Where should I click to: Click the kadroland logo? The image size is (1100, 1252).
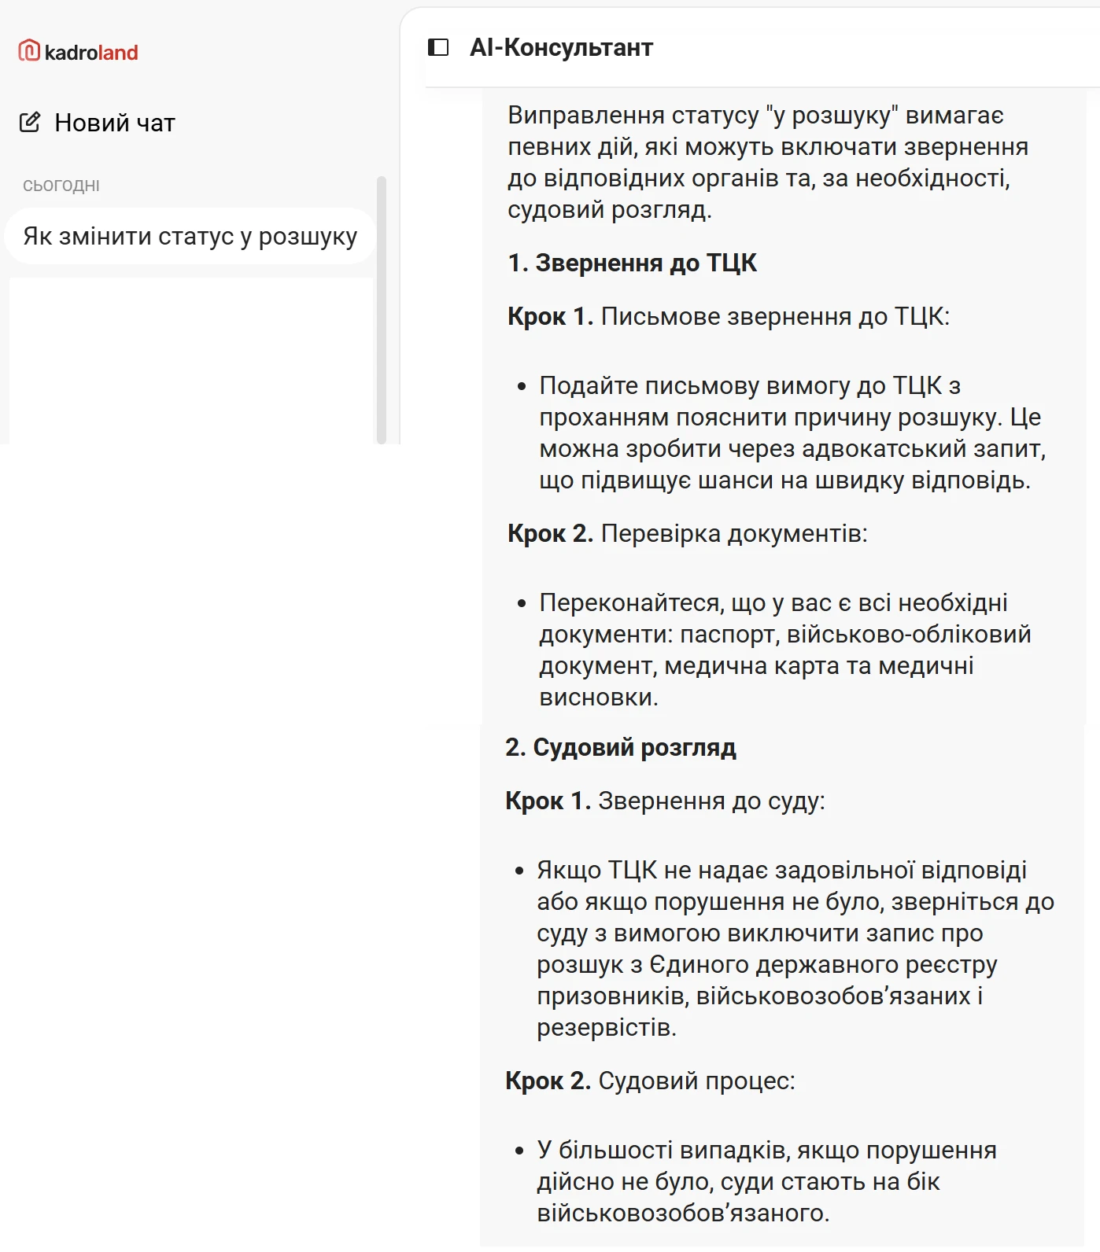tap(78, 52)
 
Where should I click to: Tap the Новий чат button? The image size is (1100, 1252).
tap(98, 123)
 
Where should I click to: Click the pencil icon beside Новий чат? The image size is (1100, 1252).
tap(30, 122)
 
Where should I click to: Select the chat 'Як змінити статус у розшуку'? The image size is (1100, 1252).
tap(190, 236)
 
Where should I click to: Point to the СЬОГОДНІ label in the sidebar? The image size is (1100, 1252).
tap(61, 186)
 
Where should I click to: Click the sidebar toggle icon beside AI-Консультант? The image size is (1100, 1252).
tap(438, 47)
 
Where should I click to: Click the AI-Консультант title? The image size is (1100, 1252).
tap(561, 47)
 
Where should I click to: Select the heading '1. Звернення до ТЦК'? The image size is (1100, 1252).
tap(632, 263)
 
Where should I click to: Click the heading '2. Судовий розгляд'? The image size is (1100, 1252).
tap(620, 747)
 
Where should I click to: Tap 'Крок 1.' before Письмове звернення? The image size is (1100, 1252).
tap(550, 316)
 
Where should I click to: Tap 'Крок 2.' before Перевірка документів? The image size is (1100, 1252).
tap(550, 533)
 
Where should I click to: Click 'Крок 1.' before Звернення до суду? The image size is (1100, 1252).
tap(548, 801)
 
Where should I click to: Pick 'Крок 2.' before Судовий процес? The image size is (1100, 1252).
tap(548, 1081)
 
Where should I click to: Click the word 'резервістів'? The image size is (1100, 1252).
tap(606, 1027)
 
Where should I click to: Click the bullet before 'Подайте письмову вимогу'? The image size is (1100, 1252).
tap(521, 386)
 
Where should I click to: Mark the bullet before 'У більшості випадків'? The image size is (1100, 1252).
tap(519, 1151)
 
